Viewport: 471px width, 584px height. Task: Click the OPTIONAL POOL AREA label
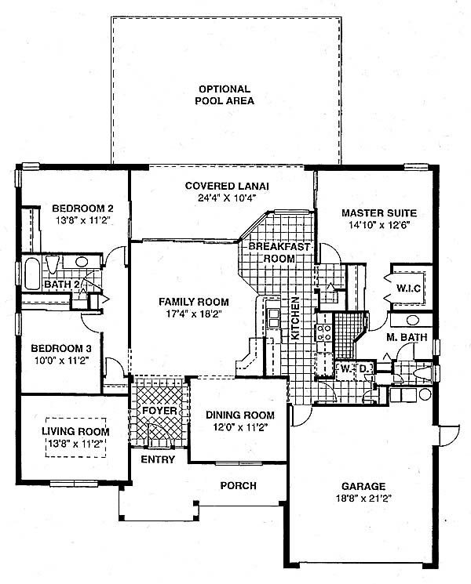point(225,95)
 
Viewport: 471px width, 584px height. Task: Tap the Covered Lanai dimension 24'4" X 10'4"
point(228,198)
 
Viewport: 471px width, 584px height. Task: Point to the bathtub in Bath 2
point(32,274)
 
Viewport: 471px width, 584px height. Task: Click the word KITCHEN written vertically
point(295,318)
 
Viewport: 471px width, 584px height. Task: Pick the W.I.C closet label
point(408,288)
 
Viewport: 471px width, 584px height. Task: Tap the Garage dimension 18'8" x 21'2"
point(363,499)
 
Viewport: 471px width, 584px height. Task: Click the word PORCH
point(239,486)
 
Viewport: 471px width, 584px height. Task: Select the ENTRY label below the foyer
point(158,459)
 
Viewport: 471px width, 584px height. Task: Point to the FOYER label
point(159,411)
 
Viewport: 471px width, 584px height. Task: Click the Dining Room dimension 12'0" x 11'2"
point(239,427)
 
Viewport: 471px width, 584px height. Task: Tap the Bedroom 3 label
point(61,349)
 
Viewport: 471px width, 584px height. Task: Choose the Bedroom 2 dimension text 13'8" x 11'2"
point(83,220)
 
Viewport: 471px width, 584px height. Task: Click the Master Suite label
point(379,213)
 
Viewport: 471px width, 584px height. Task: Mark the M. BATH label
point(407,337)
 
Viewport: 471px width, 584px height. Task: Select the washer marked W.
point(345,370)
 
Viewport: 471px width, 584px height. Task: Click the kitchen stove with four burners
point(323,332)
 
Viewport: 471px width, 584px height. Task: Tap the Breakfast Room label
point(279,252)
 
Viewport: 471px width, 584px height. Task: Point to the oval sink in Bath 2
point(82,262)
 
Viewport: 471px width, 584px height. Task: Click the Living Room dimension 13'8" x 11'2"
point(75,444)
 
